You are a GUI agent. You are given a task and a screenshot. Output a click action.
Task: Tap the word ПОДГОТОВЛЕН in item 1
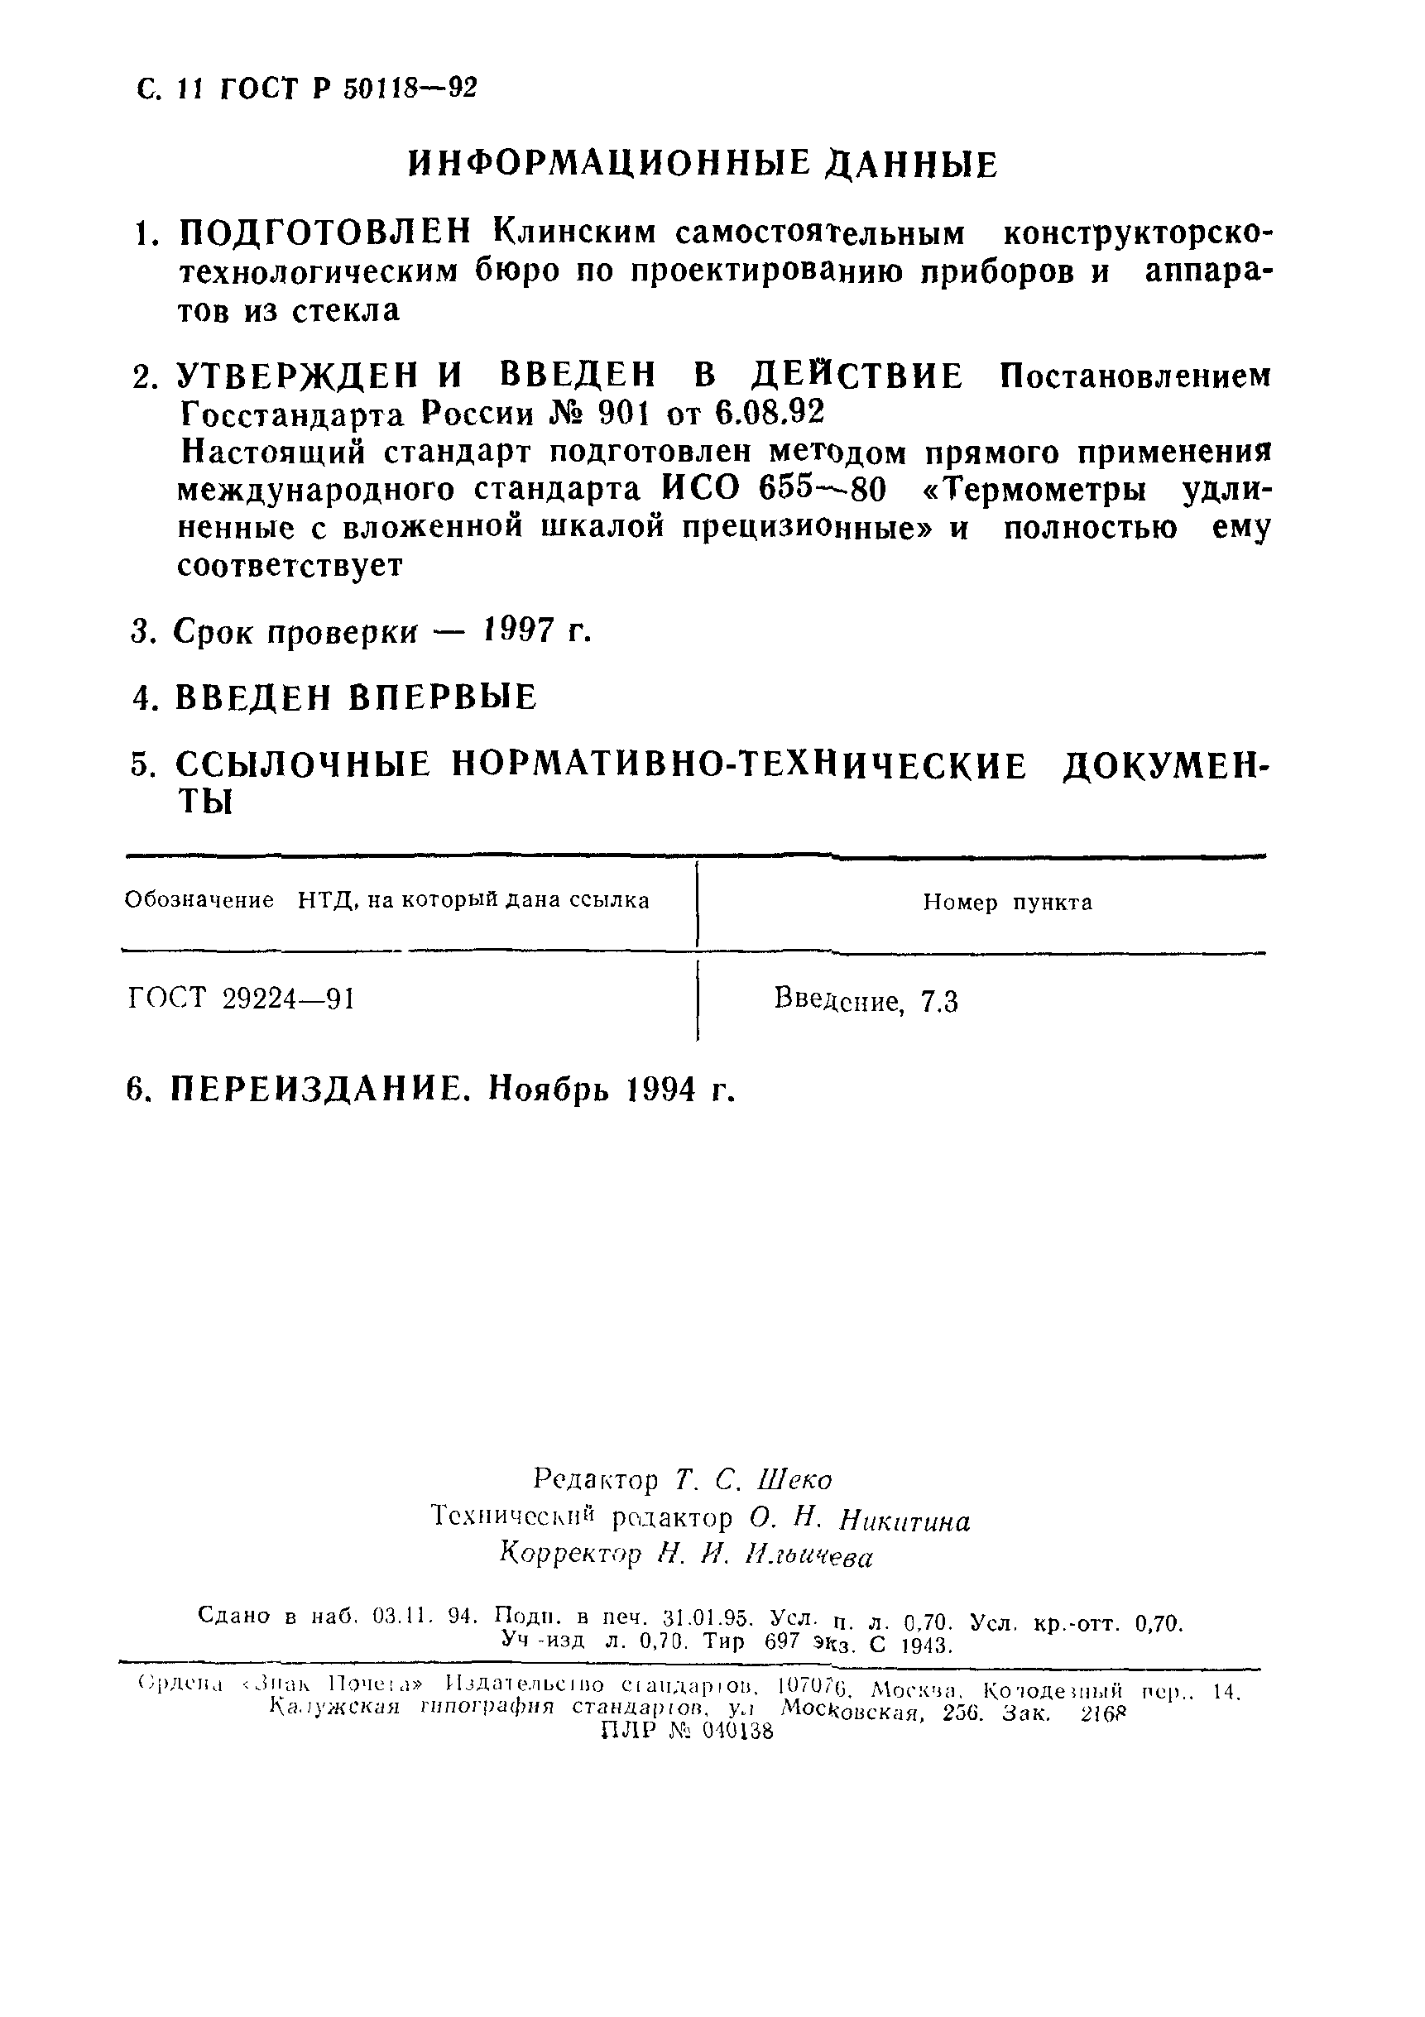coord(325,233)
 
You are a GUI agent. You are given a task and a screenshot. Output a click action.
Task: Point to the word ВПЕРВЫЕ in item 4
coord(443,697)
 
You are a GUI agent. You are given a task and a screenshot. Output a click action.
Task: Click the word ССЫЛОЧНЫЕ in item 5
coord(303,765)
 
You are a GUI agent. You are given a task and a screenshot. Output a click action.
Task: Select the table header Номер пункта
coord(1007,903)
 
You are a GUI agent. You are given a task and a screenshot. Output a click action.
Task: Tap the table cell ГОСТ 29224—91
coord(242,999)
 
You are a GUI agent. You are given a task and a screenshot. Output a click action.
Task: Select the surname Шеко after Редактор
coord(799,1480)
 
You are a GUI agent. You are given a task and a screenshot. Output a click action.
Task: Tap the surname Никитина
coord(905,1520)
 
